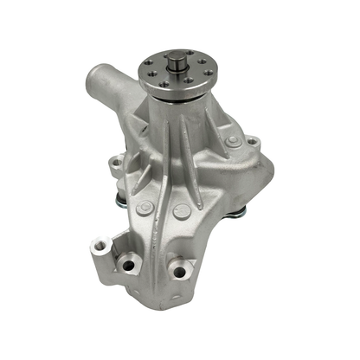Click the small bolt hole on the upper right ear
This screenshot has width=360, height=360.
pyautogui.click(x=251, y=142)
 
